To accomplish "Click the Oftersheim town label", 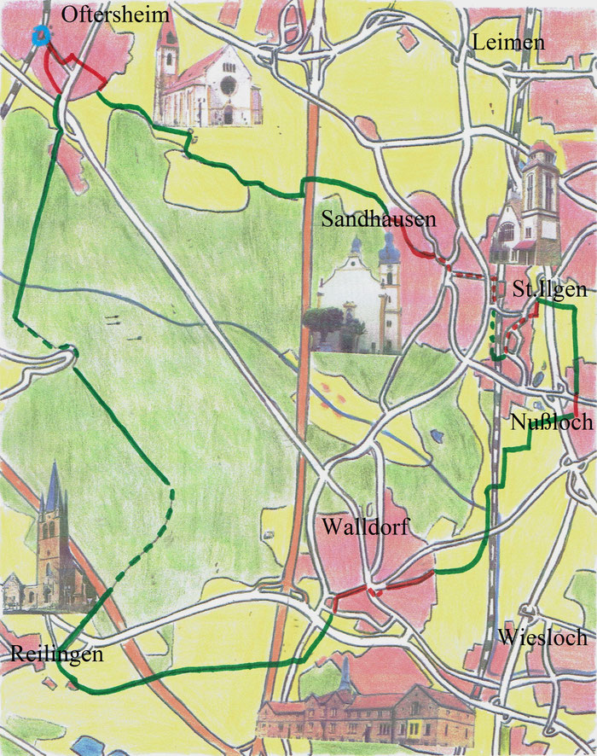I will coord(115,15).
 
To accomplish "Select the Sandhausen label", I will coord(379,219).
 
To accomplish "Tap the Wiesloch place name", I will coord(542,637).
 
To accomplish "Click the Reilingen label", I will coord(56,654).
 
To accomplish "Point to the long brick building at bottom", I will coord(367,712).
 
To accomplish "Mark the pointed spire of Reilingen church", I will coord(54,486).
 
